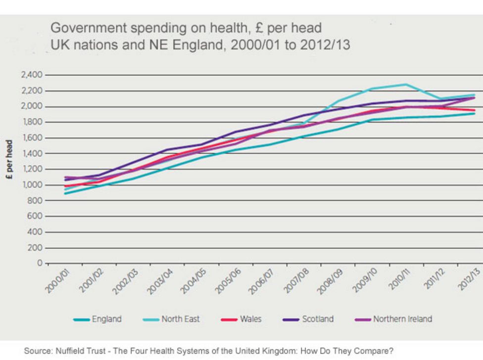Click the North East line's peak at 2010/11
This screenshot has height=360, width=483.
pyautogui.click(x=407, y=84)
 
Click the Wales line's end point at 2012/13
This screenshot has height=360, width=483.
pyautogui.click(x=474, y=110)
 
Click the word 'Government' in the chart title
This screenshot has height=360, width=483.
pyautogui.click(x=86, y=28)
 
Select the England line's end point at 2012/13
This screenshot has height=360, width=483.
pyautogui.click(x=474, y=114)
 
